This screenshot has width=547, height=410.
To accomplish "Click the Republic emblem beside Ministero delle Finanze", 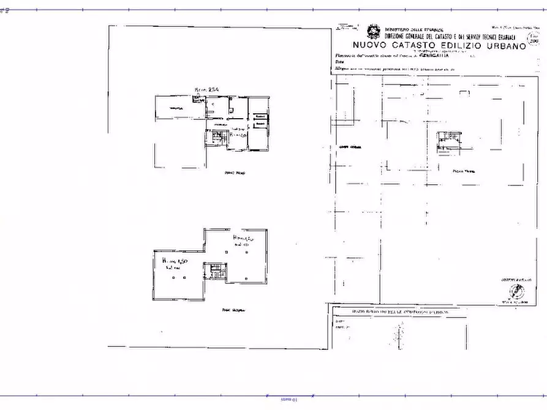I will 372,31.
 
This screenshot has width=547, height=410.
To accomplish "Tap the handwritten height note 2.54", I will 207,90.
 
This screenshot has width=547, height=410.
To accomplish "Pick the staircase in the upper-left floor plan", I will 216,138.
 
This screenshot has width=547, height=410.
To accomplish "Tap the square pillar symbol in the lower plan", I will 175,278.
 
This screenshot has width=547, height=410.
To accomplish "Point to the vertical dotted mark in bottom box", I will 399,335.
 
